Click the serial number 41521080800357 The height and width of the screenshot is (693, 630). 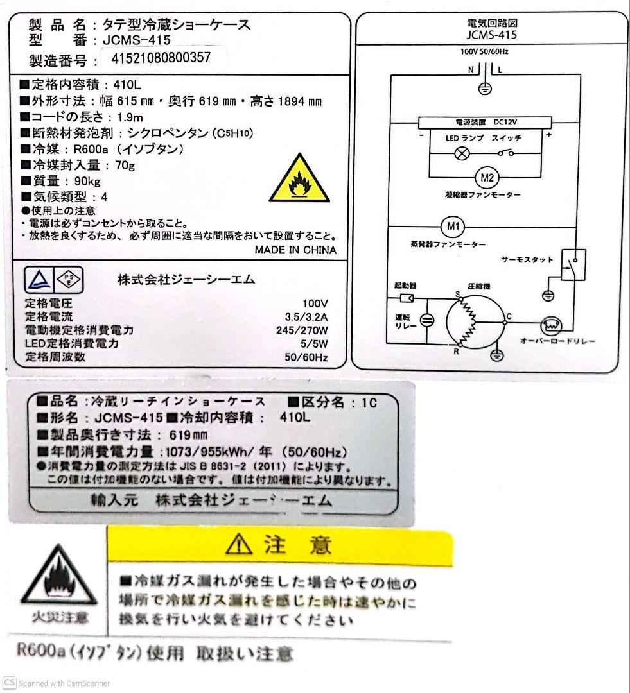click(x=161, y=58)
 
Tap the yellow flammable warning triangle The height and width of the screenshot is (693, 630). click(x=299, y=180)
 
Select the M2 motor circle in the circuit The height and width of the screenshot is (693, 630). click(x=486, y=176)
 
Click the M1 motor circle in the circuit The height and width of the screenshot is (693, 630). click(x=453, y=226)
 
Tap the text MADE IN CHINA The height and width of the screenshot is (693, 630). click(x=295, y=250)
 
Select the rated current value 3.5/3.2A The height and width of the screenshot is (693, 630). click(x=306, y=316)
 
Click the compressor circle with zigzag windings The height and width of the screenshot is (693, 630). click(x=476, y=323)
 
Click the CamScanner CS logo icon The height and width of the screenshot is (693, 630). click(x=9, y=682)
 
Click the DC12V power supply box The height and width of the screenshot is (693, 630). click(x=486, y=121)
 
